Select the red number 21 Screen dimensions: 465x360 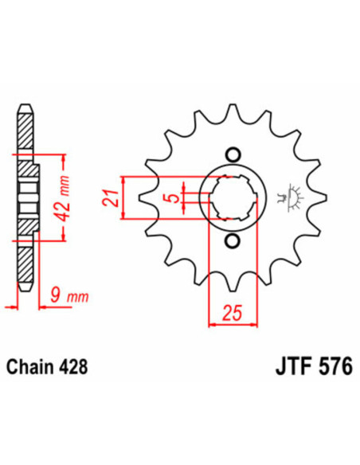113,195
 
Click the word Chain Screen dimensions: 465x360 30,369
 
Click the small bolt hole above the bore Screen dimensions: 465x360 233,154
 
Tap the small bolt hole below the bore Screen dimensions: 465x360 233,241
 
